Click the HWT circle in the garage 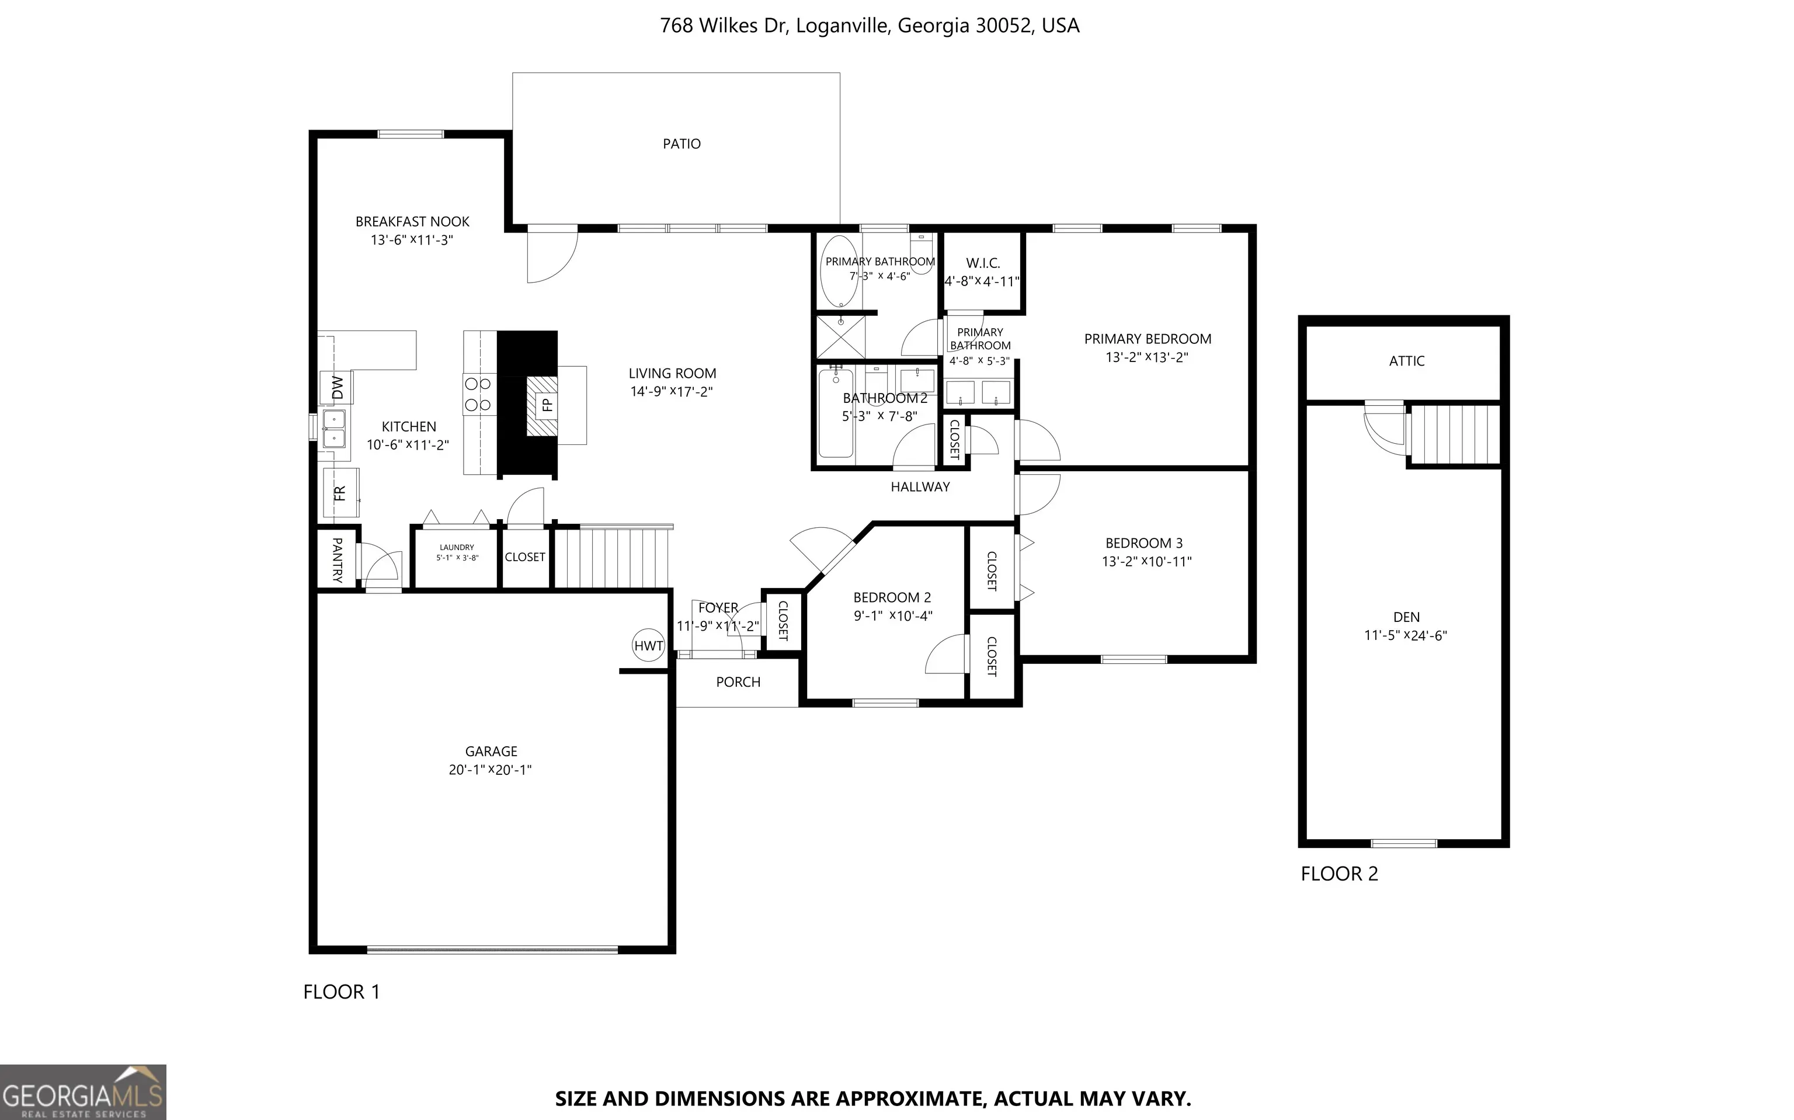click(x=648, y=645)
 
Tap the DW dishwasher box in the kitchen click(x=336, y=387)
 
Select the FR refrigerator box click(x=340, y=493)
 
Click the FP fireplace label click(x=547, y=405)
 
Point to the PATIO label click(x=682, y=144)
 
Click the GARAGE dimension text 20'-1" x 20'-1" click(x=491, y=770)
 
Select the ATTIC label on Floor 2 click(x=1407, y=361)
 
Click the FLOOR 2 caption click(x=1339, y=874)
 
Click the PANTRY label click(x=337, y=560)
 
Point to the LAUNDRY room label click(x=456, y=547)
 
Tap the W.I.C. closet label click(x=983, y=263)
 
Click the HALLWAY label click(x=920, y=486)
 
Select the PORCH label click(x=738, y=681)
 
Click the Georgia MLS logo click(x=83, y=1092)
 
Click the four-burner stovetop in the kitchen click(x=478, y=394)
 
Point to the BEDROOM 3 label click(x=1143, y=543)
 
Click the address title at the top click(x=870, y=26)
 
